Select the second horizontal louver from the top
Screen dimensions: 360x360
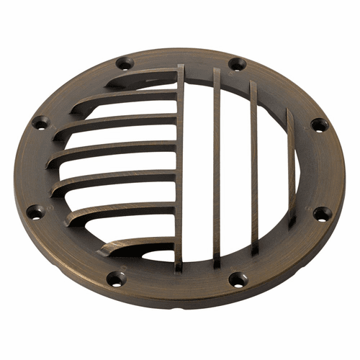coord(130,95)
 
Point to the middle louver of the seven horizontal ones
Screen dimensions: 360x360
coord(115,150)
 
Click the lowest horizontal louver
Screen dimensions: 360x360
coord(140,245)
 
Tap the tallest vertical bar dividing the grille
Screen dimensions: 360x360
coord(180,166)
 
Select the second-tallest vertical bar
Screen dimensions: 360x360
coord(217,166)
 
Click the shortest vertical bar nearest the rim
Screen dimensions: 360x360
coord(291,166)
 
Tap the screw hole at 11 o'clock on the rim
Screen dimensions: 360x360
coord(124,63)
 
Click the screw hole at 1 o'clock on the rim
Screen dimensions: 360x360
coord(237,64)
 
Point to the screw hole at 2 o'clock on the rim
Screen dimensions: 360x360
coord(319,125)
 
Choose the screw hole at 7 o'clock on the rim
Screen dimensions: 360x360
coord(115,277)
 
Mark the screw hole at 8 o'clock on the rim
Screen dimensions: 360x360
coord(35,212)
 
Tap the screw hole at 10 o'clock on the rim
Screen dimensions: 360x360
coord(40,123)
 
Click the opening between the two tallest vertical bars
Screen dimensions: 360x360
coord(199,166)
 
